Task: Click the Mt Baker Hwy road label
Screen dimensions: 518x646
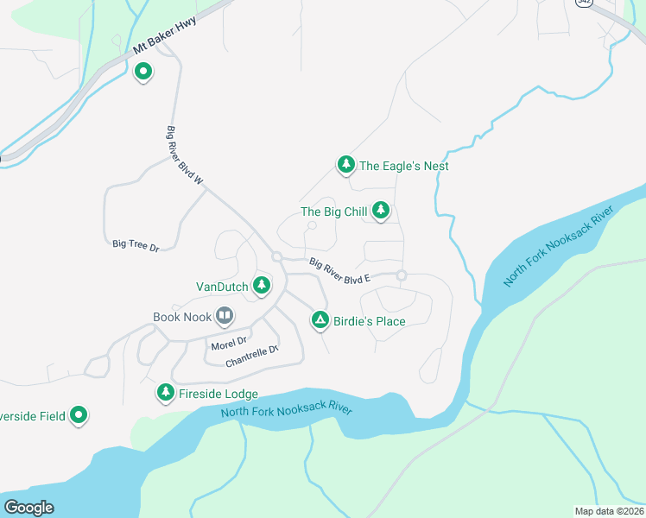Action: coord(165,35)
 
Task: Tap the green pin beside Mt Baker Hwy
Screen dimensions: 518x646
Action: coord(143,73)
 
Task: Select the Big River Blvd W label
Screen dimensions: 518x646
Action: coord(184,156)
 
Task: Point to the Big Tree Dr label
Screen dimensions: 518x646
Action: coord(136,246)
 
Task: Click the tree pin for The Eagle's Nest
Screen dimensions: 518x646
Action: coord(345,164)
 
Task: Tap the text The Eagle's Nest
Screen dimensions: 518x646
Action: coord(404,166)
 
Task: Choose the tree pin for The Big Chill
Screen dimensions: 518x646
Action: coord(380,210)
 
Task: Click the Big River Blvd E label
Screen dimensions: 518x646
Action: coord(339,270)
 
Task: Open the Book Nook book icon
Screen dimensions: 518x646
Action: coord(225,316)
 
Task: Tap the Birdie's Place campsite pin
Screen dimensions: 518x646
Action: coord(320,320)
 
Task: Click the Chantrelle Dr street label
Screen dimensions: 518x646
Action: coord(252,356)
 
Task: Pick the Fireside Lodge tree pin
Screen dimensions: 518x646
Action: coord(165,393)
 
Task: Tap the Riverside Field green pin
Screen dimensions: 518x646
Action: coord(79,415)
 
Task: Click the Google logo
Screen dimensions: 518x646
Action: coord(28,508)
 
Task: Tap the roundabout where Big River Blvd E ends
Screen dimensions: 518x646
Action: coord(402,275)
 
